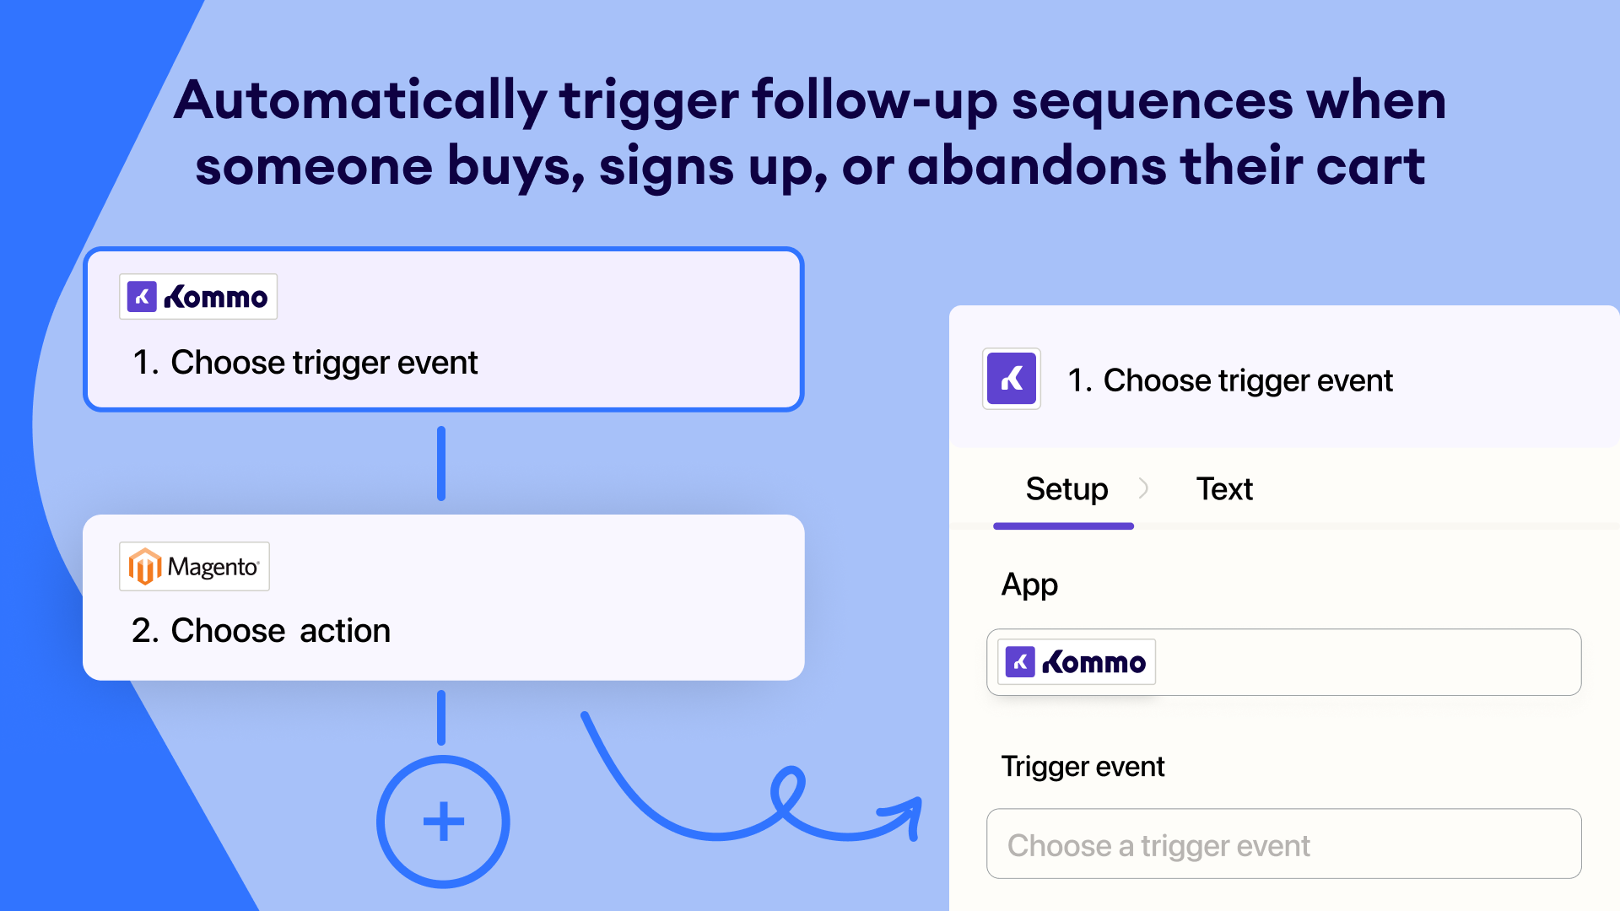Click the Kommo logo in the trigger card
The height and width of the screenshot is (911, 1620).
pos(198,297)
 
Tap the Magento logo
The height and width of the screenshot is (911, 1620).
pos(195,566)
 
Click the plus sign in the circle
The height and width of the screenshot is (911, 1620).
pos(443,822)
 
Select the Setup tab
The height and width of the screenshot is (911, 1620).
pos(1066,489)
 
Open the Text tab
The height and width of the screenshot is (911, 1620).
pos(1224,489)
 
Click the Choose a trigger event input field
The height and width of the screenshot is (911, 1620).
pos(1284,844)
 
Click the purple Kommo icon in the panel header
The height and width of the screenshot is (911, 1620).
pos(1012,379)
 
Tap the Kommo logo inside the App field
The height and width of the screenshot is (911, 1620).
pos(1077,662)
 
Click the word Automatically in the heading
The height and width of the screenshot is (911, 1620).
pos(361,101)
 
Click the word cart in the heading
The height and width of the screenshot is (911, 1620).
pos(1370,166)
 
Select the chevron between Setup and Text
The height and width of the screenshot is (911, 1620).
pos(1143,488)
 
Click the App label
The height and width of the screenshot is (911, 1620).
pos(1029,585)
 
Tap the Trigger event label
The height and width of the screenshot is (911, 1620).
pos(1083,766)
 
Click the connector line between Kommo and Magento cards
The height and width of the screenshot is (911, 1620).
pos(441,463)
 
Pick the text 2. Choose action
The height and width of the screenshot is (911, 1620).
pos(261,630)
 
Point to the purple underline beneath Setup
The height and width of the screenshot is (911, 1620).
pos(1064,526)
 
